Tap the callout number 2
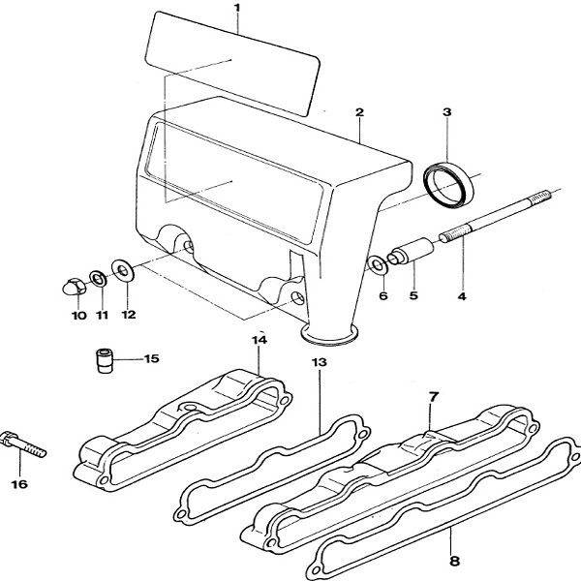[x=359, y=113]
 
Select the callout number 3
[x=446, y=113]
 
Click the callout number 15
[x=151, y=359]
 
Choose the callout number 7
[x=433, y=396]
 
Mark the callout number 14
[x=259, y=340]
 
